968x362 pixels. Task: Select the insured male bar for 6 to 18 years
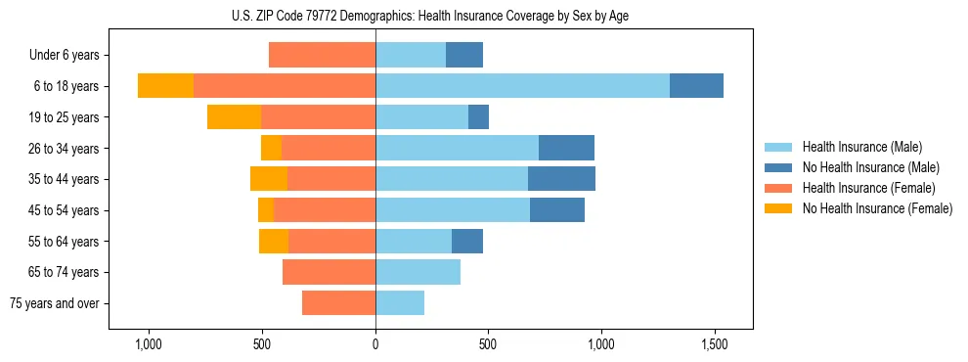(x=522, y=86)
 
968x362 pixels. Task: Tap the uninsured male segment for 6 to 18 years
(x=696, y=86)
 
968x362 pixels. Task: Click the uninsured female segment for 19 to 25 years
(x=234, y=117)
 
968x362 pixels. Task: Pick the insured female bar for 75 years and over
(x=338, y=303)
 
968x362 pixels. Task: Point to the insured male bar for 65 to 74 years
(x=418, y=272)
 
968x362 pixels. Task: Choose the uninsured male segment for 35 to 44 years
(x=561, y=179)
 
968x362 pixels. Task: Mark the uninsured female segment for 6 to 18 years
(x=165, y=86)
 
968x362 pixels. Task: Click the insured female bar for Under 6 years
(x=322, y=55)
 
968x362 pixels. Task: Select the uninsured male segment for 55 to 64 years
(x=467, y=241)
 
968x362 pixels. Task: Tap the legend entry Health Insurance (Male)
(x=861, y=147)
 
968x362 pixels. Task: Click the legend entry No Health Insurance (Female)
(x=877, y=208)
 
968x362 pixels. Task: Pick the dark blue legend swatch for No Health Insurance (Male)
(x=778, y=167)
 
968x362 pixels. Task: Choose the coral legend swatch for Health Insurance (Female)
(x=778, y=188)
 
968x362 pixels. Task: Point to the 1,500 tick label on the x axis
(x=714, y=345)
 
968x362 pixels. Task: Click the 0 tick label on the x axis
(x=375, y=345)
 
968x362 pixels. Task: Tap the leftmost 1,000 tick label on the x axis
(x=149, y=345)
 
